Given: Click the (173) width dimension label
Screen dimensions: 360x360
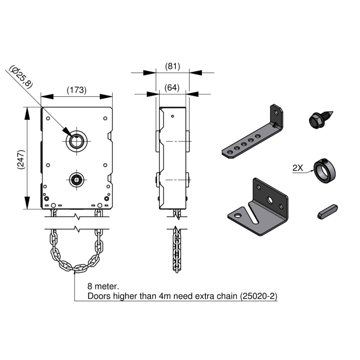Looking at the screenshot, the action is [77, 90].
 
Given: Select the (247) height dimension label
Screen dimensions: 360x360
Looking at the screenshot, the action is [21, 160].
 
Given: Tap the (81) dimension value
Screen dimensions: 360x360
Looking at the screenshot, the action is [172, 66].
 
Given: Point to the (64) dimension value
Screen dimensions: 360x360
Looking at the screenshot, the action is [172, 88].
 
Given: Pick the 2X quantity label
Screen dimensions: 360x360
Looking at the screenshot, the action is [298, 168].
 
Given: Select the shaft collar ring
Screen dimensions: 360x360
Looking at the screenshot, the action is [325, 170].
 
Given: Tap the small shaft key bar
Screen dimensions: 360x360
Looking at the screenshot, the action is [328, 211].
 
